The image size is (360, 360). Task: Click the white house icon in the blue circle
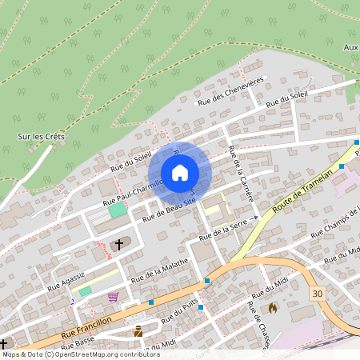point(180,172)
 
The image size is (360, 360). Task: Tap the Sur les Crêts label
point(42,136)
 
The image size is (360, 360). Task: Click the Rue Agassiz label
point(66,281)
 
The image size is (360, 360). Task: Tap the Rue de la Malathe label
point(159,269)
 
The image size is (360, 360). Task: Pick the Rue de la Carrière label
point(241,174)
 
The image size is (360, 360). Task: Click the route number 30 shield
point(318,294)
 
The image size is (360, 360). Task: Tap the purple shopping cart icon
point(113,297)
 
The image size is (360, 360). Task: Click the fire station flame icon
point(273,306)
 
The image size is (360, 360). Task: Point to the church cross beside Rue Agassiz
point(120,243)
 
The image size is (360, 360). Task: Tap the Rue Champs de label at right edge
point(331,222)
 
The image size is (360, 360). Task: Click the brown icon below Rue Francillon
point(138,330)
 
